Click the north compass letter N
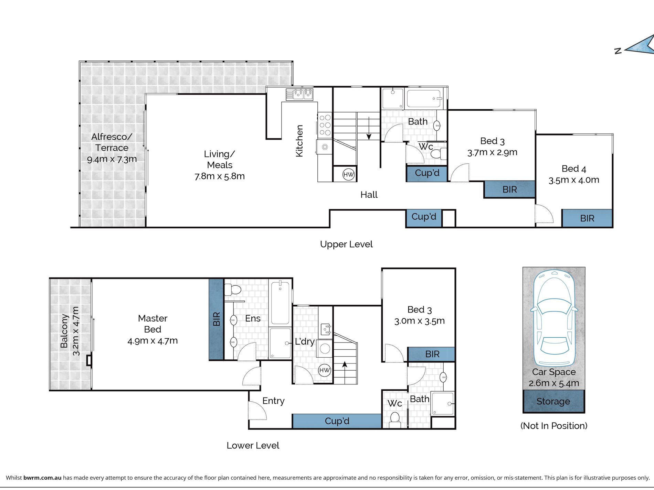618,51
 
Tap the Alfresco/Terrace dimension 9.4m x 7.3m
112,159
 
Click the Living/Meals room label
220,160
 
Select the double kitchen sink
299,94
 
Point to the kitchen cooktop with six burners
325,125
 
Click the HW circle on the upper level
348,174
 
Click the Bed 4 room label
574,168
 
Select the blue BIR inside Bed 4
587,218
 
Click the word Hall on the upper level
369,195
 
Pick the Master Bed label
152,324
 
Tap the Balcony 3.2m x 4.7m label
70,331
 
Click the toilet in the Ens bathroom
233,290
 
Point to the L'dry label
305,342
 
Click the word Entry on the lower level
273,401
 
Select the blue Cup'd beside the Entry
337,421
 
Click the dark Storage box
553,401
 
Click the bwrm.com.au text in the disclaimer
42,478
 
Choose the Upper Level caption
346,244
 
